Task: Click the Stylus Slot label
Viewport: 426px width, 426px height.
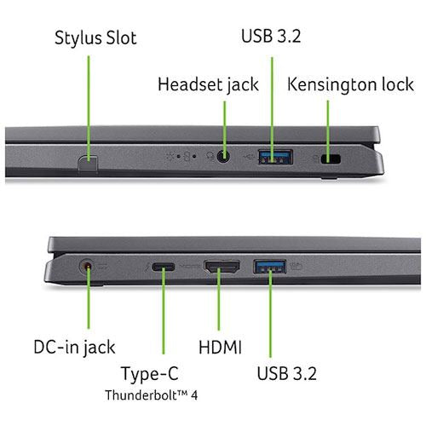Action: click(x=95, y=37)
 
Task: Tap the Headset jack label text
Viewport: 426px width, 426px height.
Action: click(x=208, y=84)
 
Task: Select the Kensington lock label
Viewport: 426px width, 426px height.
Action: click(x=350, y=84)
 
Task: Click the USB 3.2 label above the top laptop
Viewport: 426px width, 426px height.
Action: click(x=271, y=36)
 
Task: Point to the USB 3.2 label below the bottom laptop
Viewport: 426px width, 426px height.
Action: click(x=286, y=373)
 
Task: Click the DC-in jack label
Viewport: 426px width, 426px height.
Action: click(x=74, y=348)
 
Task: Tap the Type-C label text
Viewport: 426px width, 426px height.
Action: click(x=150, y=374)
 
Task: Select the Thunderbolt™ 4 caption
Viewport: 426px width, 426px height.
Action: click(x=151, y=395)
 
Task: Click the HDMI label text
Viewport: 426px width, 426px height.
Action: click(x=220, y=347)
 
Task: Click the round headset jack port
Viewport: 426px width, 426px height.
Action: click(x=223, y=157)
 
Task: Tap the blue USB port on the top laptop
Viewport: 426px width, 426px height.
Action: click(x=275, y=157)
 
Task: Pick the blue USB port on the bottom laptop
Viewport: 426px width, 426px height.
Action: click(x=269, y=267)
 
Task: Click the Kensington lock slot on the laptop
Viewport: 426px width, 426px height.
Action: click(x=331, y=158)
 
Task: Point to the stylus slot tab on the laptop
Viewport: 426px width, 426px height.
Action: click(x=88, y=164)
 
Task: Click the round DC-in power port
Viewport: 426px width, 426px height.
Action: click(x=88, y=267)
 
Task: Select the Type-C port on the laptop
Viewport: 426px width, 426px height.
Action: click(x=164, y=267)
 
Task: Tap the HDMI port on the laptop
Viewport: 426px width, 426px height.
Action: click(x=222, y=267)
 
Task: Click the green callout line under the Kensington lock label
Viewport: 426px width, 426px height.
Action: click(x=328, y=132)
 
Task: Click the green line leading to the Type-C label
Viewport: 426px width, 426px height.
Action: click(x=164, y=310)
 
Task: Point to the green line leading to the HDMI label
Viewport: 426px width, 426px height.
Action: click(x=219, y=299)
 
